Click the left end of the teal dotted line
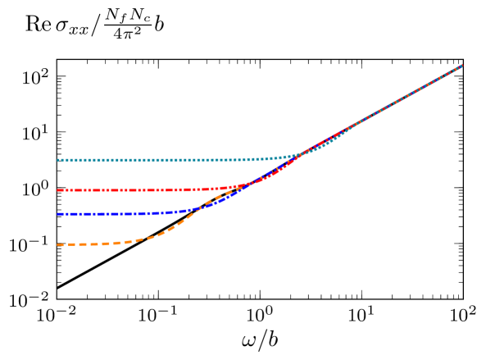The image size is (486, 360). [58, 160]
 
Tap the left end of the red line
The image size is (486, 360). [58, 189]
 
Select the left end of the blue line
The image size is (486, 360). [58, 214]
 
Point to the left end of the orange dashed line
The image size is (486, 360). [58, 244]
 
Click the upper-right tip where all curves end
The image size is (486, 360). [462, 65]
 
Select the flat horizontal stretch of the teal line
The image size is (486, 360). [148, 160]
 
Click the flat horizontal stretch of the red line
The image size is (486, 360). [123, 189]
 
